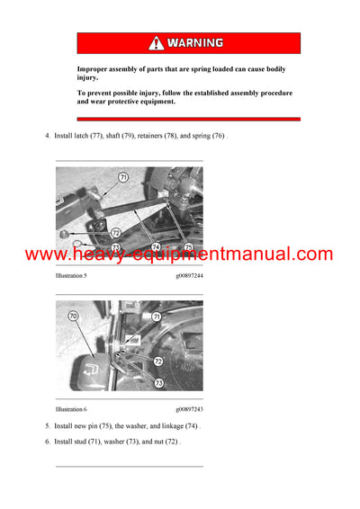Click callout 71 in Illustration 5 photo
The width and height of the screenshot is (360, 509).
pyautogui.click(x=123, y=178)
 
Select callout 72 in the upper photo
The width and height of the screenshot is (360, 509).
pyautogui.click(x=116, y=232)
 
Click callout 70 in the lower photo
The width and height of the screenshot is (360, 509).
pyautogui.click(x=73, y=317)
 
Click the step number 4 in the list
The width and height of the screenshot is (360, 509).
pyautogui.click(x=47, y=136)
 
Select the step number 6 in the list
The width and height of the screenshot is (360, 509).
pyautogui.click(x=47, y=442)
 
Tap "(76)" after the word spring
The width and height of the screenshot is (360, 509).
pyautogui.click(x=218, y=136)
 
